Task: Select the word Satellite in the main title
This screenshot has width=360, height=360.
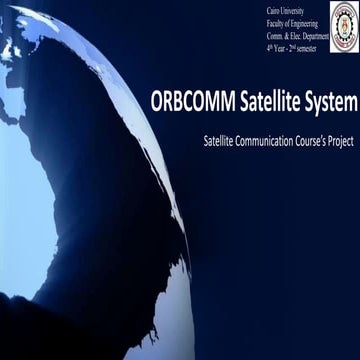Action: (x=263, y=100)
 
